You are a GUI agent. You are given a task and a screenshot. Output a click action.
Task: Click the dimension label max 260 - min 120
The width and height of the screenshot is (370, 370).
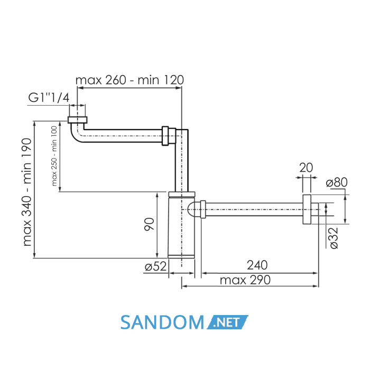[x=129, y=80]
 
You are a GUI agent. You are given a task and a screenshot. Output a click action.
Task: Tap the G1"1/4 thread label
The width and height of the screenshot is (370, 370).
[x=49, y=97]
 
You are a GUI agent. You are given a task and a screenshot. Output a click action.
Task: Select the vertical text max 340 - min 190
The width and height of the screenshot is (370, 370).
[x=27, y=192]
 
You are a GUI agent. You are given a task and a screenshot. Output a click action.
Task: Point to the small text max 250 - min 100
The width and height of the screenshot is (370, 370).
[x=54, y=156]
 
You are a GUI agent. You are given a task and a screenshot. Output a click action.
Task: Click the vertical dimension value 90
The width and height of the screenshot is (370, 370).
[x=149, y=224]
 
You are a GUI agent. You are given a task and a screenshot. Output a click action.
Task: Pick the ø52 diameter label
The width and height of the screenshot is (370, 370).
[x=156, y=266]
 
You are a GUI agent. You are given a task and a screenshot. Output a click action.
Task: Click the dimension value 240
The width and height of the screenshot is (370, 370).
[x=257, y=265]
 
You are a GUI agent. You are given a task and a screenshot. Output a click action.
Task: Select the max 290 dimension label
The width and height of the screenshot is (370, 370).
[x=245, y=280]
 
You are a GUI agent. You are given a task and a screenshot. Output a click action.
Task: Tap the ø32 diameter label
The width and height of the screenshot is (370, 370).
[x=334, y=238]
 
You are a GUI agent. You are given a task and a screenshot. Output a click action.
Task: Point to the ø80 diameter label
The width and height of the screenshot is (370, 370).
[x=337, y=182]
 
